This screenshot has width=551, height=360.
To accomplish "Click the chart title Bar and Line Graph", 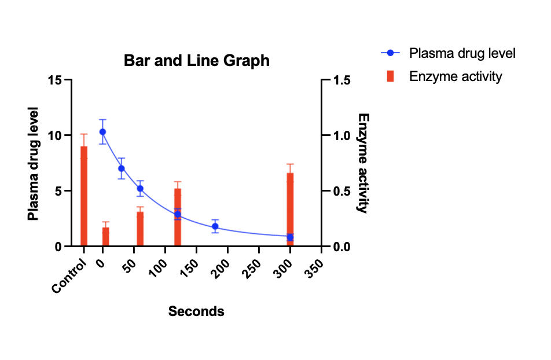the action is (196, 61).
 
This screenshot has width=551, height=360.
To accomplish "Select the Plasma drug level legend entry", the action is (448, 53).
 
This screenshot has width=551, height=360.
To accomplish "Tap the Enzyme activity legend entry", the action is (445, 76).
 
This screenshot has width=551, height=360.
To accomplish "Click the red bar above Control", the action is (83, 196).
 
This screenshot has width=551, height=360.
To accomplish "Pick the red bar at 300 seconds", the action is (290, 210).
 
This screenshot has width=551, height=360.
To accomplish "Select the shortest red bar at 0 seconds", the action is (105, 237).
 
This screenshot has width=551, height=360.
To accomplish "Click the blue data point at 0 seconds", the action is (102, 132).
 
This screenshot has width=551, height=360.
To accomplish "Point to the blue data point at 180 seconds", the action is (215, 226).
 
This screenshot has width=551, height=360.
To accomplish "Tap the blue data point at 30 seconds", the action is (121, 168).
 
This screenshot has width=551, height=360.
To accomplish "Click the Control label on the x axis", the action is (69, 275).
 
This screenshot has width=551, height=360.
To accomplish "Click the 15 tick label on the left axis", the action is (55, 80).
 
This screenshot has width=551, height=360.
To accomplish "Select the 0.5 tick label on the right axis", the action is (341, 191).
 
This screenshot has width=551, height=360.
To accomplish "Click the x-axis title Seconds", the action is (196, 311).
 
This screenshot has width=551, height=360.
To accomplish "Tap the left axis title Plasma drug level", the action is (33, 164).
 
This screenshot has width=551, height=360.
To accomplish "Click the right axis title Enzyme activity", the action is (363, 163).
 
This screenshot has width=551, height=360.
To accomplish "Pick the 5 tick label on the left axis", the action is (58, 191).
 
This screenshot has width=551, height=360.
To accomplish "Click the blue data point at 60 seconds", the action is (140, 189).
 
